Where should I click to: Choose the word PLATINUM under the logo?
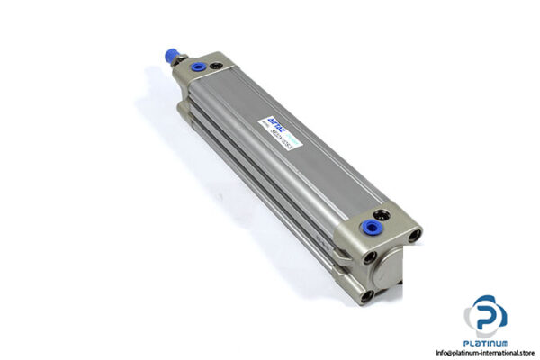click(486, 343)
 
